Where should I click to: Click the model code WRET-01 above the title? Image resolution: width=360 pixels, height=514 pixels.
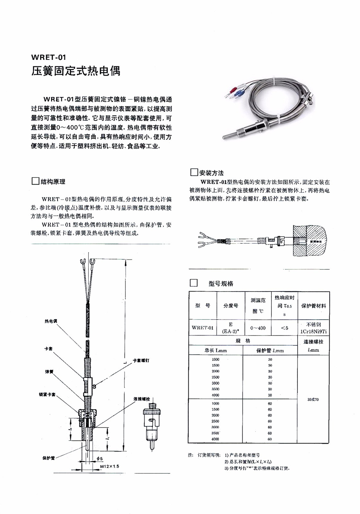click(49, 58)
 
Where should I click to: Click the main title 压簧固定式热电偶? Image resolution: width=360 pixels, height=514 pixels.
click(76, 71)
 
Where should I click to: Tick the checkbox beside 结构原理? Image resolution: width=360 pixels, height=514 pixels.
click(35, 181)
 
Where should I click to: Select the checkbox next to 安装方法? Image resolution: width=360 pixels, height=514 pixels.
click(194, 173)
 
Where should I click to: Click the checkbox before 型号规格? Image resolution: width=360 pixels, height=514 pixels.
click(194, 283)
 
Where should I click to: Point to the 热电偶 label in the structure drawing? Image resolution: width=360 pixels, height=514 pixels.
click(51, 321)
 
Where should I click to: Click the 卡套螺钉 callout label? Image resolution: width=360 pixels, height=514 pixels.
click(141, 360)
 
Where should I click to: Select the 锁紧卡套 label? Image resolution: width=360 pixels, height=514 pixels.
click(47, 395)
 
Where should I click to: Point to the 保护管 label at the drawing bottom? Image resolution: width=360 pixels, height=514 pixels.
click(49, 458)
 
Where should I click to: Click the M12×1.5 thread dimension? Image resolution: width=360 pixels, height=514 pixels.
click(110, 466)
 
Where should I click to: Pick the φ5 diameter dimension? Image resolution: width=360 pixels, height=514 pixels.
click(100, 458)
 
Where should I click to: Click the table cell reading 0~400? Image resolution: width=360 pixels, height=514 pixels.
click(258, 328)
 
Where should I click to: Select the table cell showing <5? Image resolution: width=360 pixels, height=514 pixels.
click(285, 328)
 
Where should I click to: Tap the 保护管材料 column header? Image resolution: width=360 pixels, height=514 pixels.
click(313, 306)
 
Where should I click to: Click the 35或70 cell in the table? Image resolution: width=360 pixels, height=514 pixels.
click(313, 400)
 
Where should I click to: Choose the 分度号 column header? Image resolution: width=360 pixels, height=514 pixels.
click(230, 306)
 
